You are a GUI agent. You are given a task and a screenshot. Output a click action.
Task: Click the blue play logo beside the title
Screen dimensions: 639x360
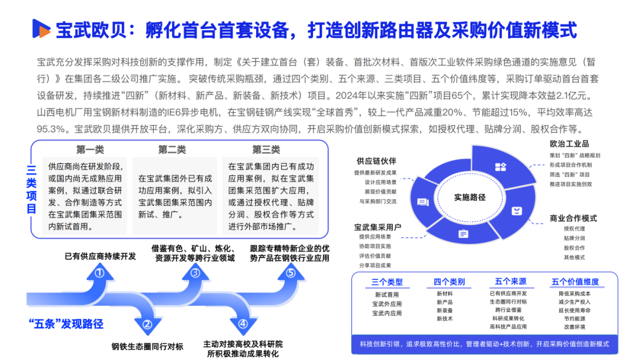(x=41, y=28)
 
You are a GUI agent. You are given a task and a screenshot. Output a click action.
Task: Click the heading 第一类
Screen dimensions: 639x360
(x=89, y=149)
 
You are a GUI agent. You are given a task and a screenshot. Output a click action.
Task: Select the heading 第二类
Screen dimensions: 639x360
(x=172, y=149)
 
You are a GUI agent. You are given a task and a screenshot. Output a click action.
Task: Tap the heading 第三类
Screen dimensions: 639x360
(x=266, y=149)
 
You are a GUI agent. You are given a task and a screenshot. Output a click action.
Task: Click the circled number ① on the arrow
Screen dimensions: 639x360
(x=99, y=273)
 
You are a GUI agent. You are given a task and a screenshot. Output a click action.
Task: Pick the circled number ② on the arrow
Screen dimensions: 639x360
(x=147, y=324)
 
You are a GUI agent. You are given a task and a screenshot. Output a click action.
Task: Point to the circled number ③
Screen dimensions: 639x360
(x=195, y=273)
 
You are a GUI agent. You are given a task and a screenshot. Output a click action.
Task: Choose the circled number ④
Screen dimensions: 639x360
(x=243, y=324)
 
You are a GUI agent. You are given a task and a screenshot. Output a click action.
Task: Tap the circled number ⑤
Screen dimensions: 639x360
(x=290, y=273)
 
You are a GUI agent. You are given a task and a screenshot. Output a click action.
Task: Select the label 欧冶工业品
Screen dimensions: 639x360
(x=569, y=144)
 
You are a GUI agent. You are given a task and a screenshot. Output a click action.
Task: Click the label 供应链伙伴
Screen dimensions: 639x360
(x=376, y=161)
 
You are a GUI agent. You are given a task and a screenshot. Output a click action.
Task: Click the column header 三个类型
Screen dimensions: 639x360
(x=387, y=282)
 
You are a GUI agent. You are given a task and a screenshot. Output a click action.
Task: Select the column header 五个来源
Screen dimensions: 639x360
(x=511, y=282)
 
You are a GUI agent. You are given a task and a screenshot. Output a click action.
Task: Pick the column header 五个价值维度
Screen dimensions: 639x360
(x=575, y=282)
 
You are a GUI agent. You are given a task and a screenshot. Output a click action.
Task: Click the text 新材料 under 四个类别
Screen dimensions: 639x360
(x=444, y=294)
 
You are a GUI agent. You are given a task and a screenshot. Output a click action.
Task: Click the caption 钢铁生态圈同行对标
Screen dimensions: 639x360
(x=147, y=346)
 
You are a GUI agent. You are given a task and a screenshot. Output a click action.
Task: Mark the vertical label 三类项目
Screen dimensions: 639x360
(x=31, y=188)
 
